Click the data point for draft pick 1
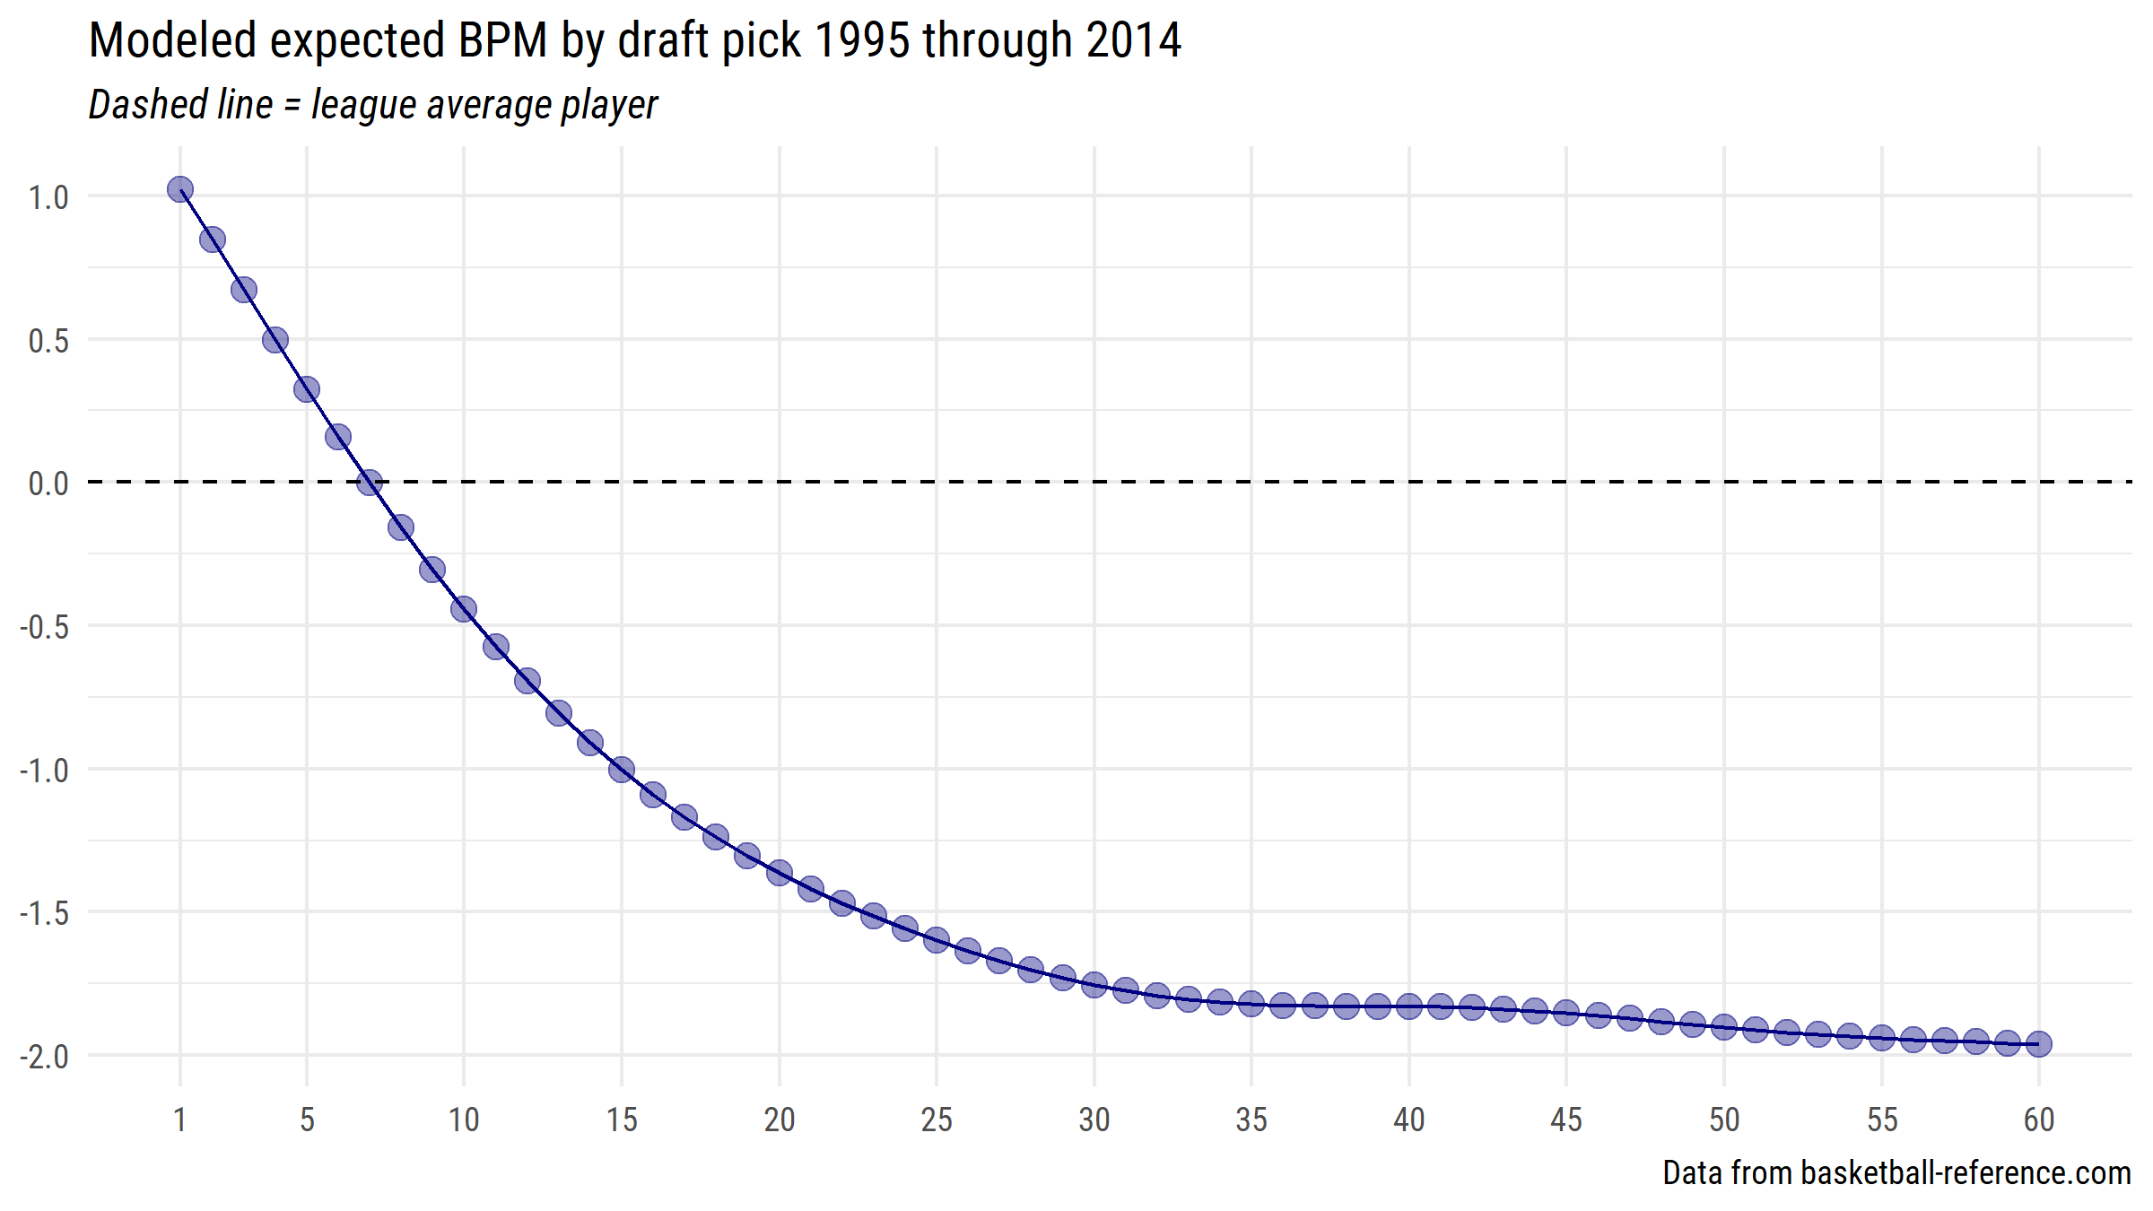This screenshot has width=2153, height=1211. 180,189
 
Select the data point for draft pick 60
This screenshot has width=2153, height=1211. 2038,1044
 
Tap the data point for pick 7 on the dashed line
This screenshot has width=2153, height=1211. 370,484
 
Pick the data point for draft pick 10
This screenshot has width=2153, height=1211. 464,609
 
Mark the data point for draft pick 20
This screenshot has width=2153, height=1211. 779,873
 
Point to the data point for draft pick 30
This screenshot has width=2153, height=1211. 1094,985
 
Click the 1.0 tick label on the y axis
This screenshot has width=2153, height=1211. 48,197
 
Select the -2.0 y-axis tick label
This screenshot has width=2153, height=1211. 44,1057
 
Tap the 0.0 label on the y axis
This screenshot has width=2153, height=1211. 48,484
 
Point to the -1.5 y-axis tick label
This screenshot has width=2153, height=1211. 44,913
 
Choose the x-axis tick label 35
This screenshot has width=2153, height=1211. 1251,1120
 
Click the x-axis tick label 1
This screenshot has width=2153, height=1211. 180,1120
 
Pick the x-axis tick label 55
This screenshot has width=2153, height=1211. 1882,1120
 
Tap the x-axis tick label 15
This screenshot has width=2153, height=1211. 622,1120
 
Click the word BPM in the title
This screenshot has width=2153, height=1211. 502,41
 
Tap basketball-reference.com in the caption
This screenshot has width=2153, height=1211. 1966,1173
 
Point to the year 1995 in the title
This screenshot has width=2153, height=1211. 862,41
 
